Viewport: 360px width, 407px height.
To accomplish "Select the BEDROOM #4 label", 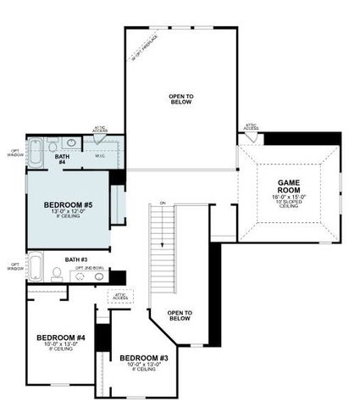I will point(61,338).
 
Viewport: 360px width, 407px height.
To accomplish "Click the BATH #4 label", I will point(62,159).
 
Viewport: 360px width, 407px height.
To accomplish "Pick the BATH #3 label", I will point(77,259).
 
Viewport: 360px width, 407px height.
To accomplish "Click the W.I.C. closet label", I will point(99,155).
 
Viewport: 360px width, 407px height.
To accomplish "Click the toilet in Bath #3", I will point(57,273).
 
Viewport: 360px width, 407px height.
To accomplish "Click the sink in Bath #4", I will point(71,144).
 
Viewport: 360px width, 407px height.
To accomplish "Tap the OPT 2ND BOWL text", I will point(91,267).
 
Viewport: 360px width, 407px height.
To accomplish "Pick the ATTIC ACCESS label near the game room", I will point(251,126).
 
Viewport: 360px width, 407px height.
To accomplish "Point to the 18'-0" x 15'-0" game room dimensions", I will point(290,197).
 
